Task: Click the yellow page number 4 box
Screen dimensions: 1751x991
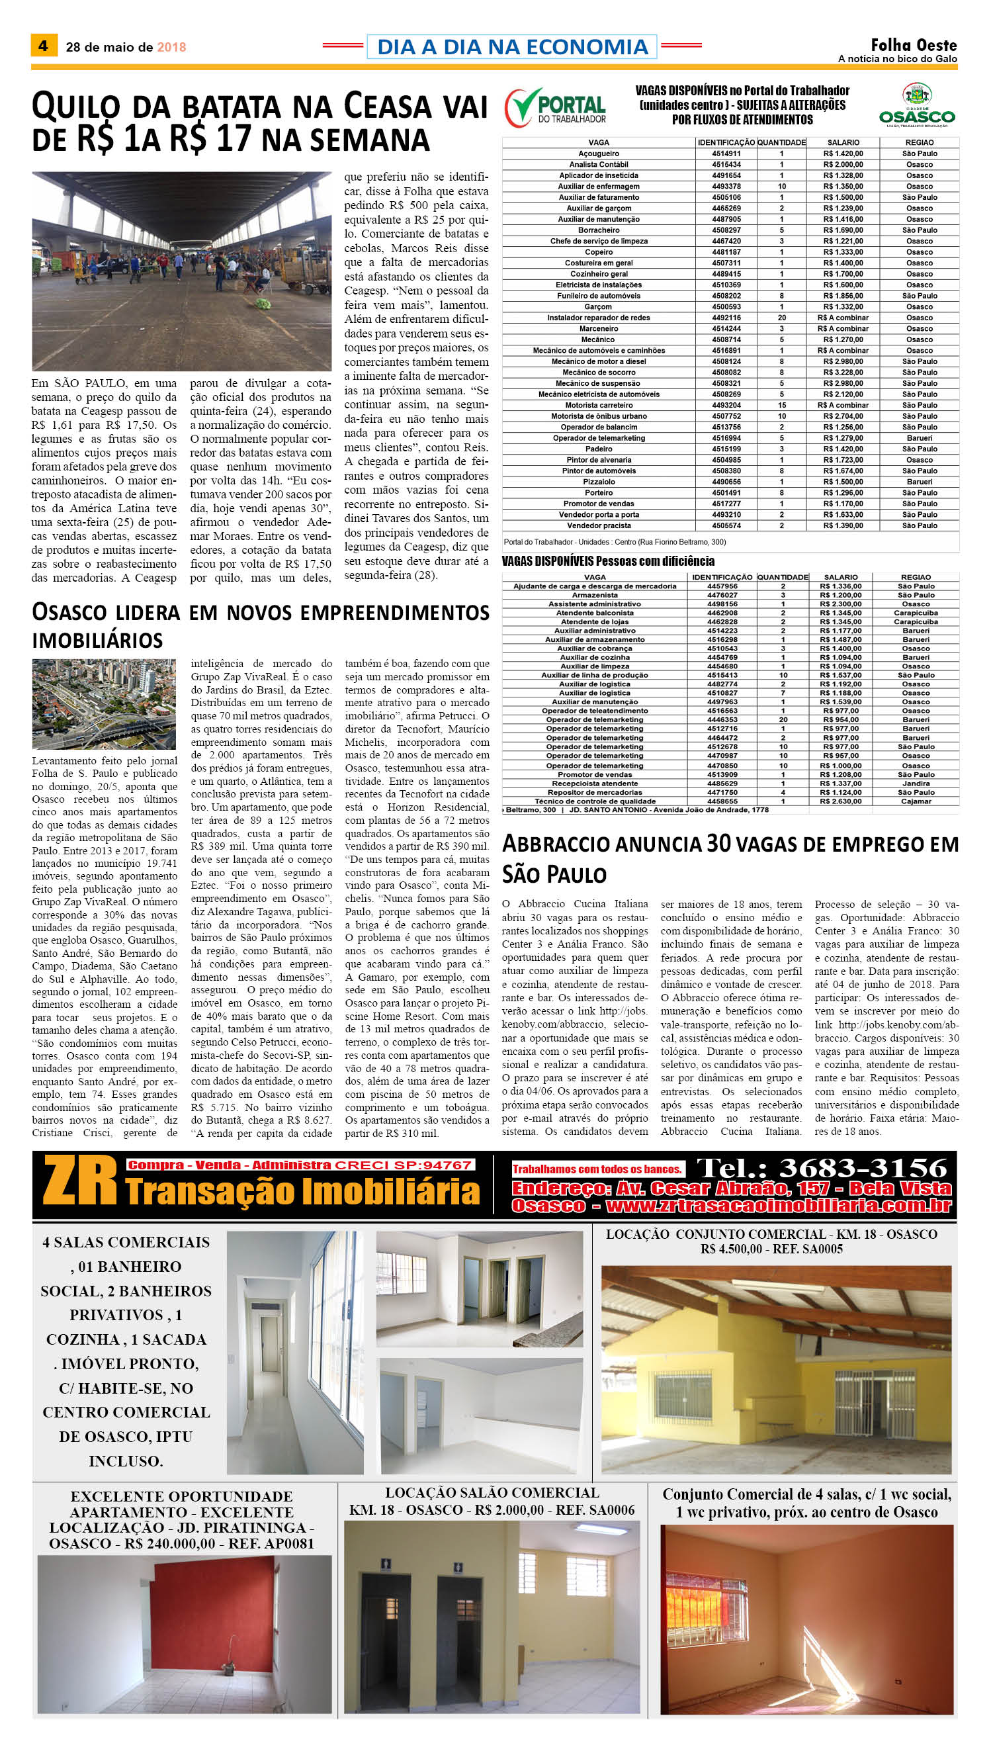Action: [x=44, y=46]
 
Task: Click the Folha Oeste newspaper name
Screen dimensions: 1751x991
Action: [x=914, y=46]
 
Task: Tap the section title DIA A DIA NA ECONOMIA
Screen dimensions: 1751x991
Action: [x=512, y=47]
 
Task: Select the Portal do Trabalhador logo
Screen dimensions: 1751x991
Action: [x=556, y=109]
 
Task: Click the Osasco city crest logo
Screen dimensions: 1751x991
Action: [x=917, y=105]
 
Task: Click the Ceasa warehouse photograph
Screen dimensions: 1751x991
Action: [x=181, y=270]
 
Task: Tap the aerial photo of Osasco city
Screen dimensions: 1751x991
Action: [x=103, y=704]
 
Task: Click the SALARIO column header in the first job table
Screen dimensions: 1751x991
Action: [x=843, y=142]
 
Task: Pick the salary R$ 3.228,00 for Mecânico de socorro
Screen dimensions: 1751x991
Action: [x=843, y=373]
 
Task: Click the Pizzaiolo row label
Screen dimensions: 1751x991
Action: [x=598, y=482]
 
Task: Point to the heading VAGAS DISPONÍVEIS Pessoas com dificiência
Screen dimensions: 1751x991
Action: [x=608, y=562]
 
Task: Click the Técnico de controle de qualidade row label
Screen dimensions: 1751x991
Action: [x=595, y=801]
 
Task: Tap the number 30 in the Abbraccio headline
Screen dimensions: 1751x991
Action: [x=718, y=844]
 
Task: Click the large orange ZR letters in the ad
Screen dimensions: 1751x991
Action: [x=80, y=1182]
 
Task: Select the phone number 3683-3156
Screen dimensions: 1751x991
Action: [x=863, y=1168]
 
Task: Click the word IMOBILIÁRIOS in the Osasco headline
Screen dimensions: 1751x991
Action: [x=97, y=641]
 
